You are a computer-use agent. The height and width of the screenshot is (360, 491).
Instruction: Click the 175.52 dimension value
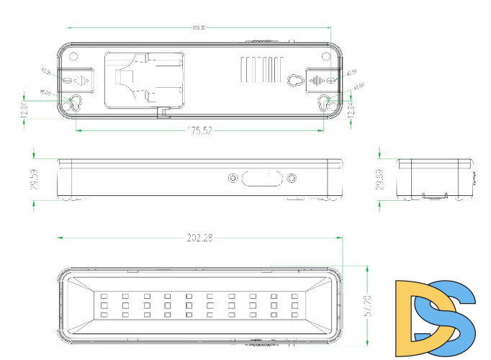click(199, 130)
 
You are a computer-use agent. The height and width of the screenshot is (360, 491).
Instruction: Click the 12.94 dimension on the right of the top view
click(351, 110)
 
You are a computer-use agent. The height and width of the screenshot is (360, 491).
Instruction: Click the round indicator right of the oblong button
click(292, 179)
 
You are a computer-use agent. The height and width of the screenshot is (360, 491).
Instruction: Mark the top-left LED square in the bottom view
click(104, 296)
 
